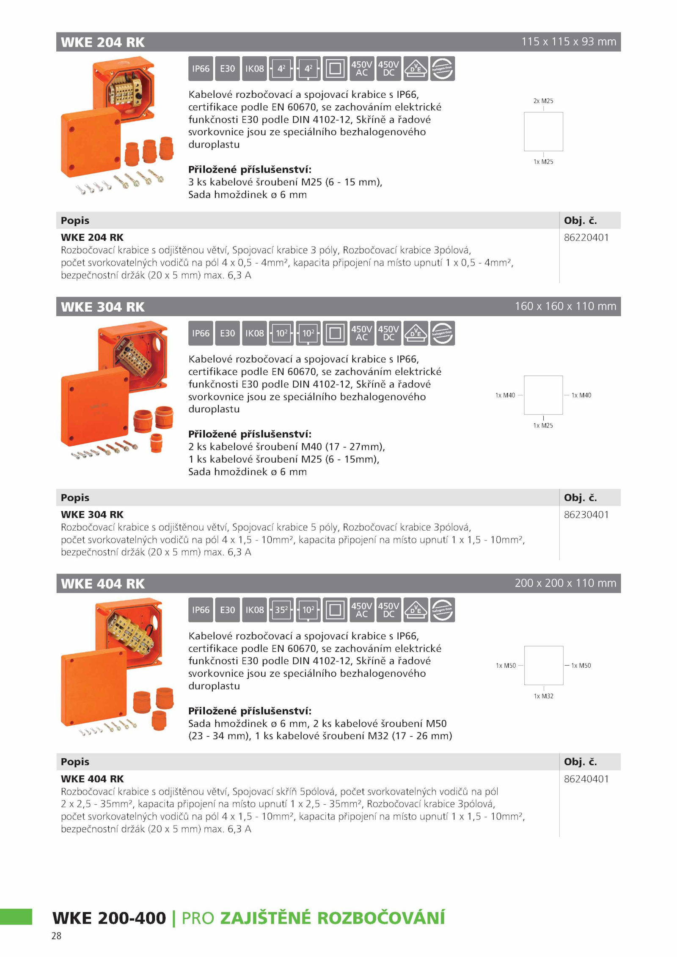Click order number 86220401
586,238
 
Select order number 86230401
586,515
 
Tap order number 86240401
586,779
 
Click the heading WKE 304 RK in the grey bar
103,307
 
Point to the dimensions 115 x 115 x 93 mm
569,41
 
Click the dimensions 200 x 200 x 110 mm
565,583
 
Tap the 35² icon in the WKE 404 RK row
281,610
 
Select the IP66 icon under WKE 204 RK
201,69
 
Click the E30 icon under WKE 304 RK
228,333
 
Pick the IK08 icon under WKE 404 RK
254,610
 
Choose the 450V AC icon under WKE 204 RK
362,69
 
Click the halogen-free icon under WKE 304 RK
443,333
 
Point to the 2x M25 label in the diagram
543,101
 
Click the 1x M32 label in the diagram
543,696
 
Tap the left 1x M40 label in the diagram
505,395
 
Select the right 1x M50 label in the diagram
581,666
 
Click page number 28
56,936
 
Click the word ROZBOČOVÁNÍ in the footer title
381,918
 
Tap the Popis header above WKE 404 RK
75,762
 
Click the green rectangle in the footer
16,916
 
